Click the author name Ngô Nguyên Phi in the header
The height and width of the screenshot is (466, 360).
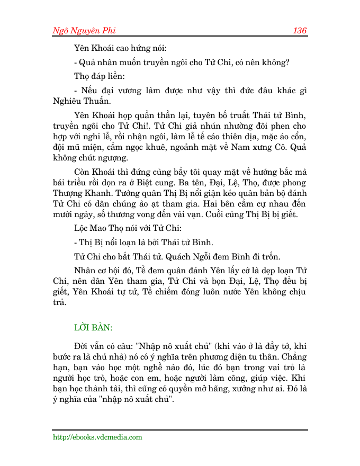click(84, 30)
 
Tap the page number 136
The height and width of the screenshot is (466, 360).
click(300, 30)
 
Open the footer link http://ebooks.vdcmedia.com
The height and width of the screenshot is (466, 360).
click(97, 437)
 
